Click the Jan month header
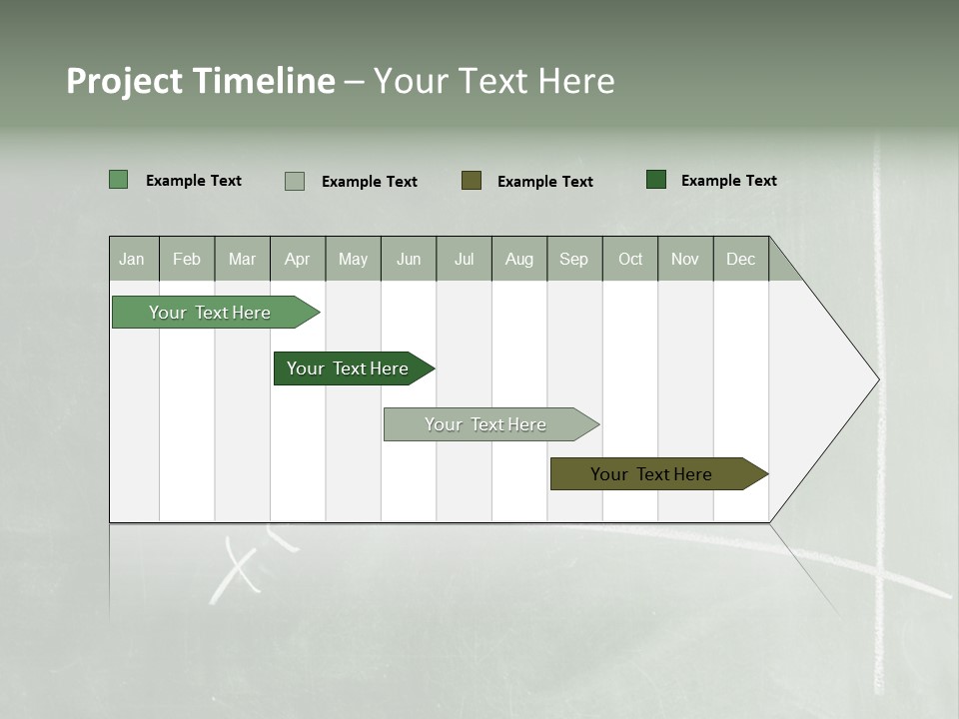(133, 259)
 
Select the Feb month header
(187, 259)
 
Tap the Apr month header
(298, 259)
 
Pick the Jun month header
(409, 259)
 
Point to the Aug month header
(519, 259)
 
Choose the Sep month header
(574, 259)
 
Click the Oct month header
(630, 259)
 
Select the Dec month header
(741, 259)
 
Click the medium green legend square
(119, 180)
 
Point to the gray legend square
(295, 181)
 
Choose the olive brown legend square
(472, 180)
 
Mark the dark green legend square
(656, 180)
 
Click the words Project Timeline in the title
(200, 81)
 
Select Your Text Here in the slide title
(494, 81)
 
